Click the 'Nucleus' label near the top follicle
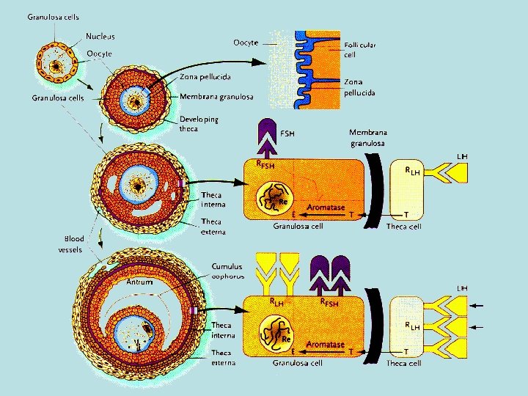pos(100,36)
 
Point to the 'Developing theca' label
pos(199,124)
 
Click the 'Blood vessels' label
pos(73,244)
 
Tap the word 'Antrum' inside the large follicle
pos(139,281)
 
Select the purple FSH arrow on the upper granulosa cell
pos(265,139)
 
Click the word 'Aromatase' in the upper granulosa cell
pos(325,208)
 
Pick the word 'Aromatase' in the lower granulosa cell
pos(325,343)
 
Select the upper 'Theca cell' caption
pos(404,227)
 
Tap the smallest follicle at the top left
pos(54,68)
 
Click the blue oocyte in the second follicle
pos(134,100)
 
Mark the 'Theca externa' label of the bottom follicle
pos(223,358)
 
